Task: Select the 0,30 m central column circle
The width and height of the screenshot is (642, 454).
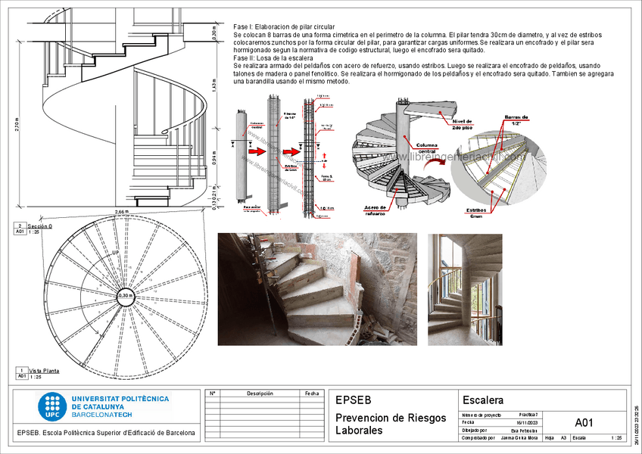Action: click(126, 296)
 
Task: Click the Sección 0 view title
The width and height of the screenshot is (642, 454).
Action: click(40, 226)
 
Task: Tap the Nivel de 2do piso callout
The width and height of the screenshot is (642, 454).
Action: click(462, 125)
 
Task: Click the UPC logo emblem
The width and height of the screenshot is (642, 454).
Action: click(52, 407)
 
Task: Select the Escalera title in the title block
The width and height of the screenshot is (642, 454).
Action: click(483, 400)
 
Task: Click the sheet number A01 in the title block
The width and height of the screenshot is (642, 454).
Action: click(584, 422)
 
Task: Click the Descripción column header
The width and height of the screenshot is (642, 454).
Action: click(259, 393)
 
